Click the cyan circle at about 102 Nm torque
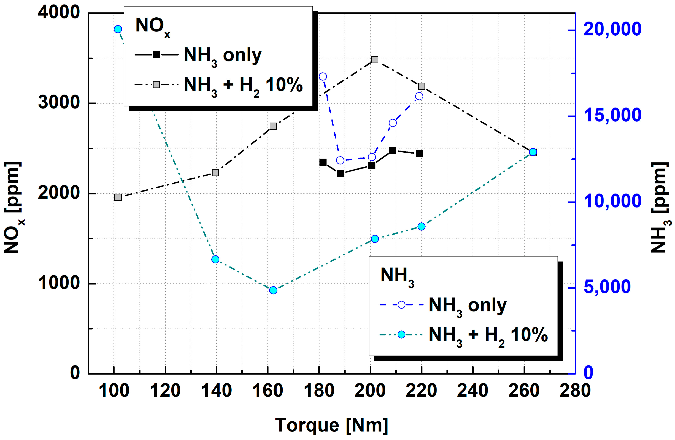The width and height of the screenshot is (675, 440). (x=118, y=29)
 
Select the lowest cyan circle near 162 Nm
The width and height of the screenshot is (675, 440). (x=273, y=290)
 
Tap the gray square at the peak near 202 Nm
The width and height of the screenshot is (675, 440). (x=375, y=60)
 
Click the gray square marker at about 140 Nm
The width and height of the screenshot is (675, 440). (x=215, y=173)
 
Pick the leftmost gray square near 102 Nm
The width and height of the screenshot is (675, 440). (x=118, y=197)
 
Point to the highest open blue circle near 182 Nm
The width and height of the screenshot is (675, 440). (x=323, y=77)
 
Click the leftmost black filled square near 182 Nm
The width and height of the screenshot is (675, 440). (x=323, y=162)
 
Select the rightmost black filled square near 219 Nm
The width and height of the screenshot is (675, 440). (x=419, y=154)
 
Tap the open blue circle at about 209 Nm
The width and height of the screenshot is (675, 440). (x=393, y=123)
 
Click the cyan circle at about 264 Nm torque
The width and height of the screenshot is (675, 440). (x=533, y=152)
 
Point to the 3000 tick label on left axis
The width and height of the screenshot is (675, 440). (x=59, y=103)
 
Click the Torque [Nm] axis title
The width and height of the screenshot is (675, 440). (x=331, y=425)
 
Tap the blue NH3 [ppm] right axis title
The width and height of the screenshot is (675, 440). (x=660, y=207)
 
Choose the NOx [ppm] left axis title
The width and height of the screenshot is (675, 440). (x=13, y=207)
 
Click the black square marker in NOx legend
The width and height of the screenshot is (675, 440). (x=156, y=54)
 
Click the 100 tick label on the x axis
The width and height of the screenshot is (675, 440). (x=114, y=391)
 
